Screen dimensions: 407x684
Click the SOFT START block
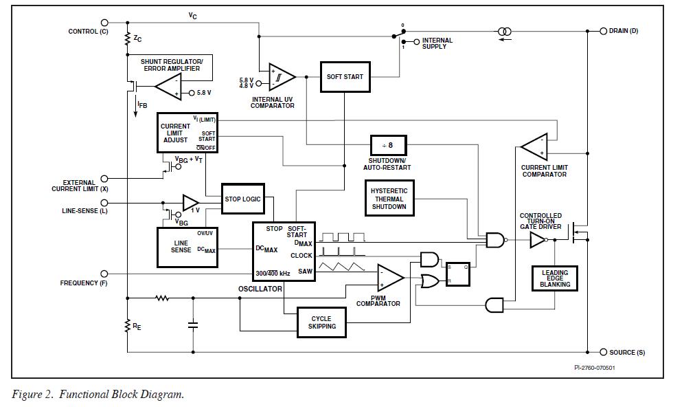[x=344, y=76]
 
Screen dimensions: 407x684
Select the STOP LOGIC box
[x=242, y=199]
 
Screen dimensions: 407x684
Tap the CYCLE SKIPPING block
[x=321, y=322]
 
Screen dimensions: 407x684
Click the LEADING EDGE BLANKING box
[x=554, y=278]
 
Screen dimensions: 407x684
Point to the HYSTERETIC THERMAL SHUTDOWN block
[x=389, y=199]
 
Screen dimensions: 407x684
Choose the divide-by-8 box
[x=389, y=146]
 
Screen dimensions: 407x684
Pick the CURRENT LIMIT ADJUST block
[x=187, y=133]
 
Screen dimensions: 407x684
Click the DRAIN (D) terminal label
[x=623, y=31]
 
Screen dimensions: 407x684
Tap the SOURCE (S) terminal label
[x=626, y=352]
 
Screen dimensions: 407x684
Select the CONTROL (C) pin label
[x=88, y=32]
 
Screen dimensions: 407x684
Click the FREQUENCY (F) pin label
[x=84, y=283]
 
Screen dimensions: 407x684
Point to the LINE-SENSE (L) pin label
[x=84, y=211]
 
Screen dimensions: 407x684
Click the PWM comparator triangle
[x=390, y=278]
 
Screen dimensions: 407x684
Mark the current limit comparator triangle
[x=534, y=146]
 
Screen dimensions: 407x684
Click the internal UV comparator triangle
[x=282, y=77]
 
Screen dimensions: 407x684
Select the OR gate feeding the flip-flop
[x=430, y=280]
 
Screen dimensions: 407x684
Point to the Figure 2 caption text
[x=98, y=395]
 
